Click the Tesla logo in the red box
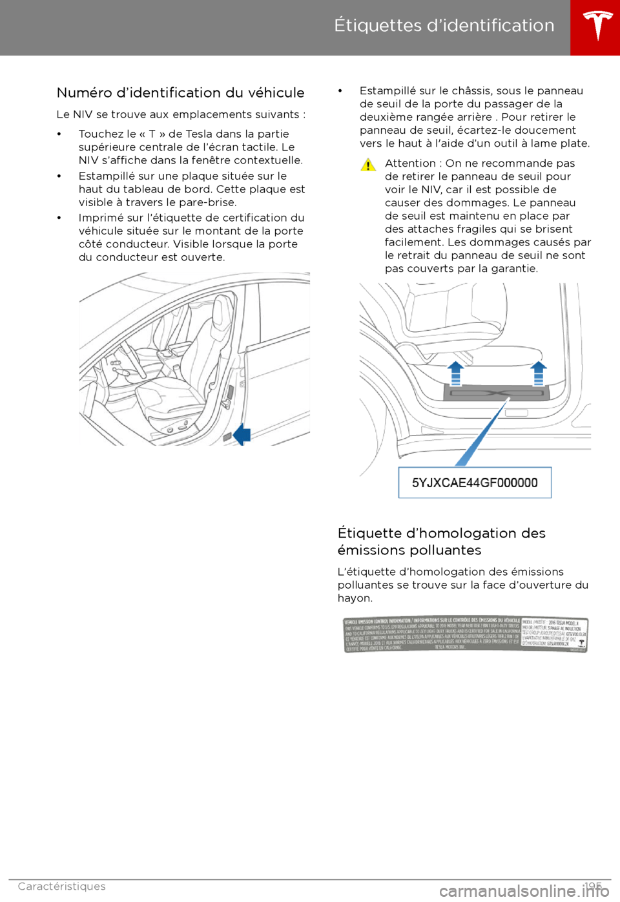pos(597,26)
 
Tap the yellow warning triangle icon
pos(368,165)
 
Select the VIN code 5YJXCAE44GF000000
pos(475,483)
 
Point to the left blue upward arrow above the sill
pos(456,373)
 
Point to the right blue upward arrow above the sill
pos(538,373)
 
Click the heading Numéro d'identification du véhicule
pos(180,92)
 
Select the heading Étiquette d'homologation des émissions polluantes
pos(441,541)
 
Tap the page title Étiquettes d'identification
pos(444,25)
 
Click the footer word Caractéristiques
pos(61,886)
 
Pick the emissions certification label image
pos(465,635)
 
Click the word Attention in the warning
pos(410,163)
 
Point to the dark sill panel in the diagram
pos(497,392)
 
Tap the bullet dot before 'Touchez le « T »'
pos(59,134)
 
